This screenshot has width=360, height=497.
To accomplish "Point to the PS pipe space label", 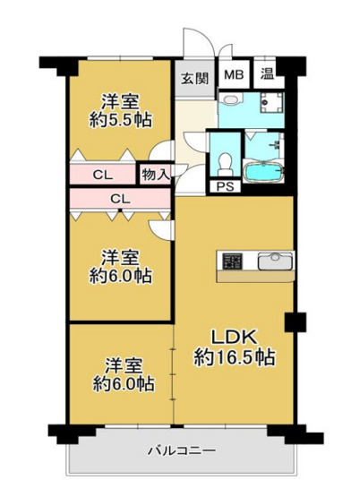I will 222,186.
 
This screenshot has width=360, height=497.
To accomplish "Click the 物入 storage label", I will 154,173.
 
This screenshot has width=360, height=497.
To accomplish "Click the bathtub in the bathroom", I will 263,171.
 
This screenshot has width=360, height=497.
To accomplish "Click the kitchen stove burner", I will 233,261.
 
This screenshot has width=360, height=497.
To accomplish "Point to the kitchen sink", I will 270,261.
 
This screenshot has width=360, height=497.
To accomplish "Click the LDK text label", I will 235,337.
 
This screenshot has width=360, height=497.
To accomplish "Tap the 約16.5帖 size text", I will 235,356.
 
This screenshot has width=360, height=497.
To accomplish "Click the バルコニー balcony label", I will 182,450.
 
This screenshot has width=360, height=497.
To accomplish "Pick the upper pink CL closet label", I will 101,173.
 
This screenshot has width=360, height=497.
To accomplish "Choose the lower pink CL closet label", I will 118,198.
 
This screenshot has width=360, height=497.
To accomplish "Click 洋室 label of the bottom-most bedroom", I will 119,364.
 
